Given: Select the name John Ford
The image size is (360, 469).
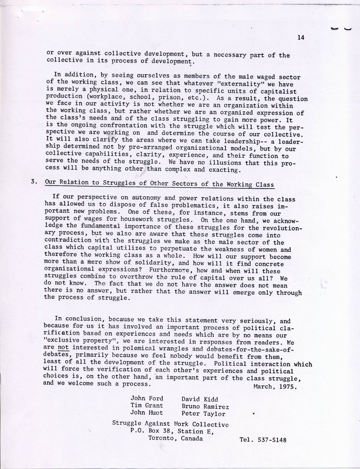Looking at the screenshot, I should click(x=147, y=398).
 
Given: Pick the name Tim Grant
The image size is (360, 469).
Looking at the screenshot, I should click(x=147, y=406).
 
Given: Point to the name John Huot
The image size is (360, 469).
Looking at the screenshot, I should click(x=147, y=412).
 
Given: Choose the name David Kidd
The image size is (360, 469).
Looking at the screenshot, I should click(x=200, y=399).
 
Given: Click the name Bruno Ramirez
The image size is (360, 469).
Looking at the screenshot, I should click(x=205, y=406).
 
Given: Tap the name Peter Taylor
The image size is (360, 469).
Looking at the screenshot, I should click(x=203, y=414).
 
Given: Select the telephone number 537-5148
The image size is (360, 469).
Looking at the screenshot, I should click(x=272, y=440).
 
